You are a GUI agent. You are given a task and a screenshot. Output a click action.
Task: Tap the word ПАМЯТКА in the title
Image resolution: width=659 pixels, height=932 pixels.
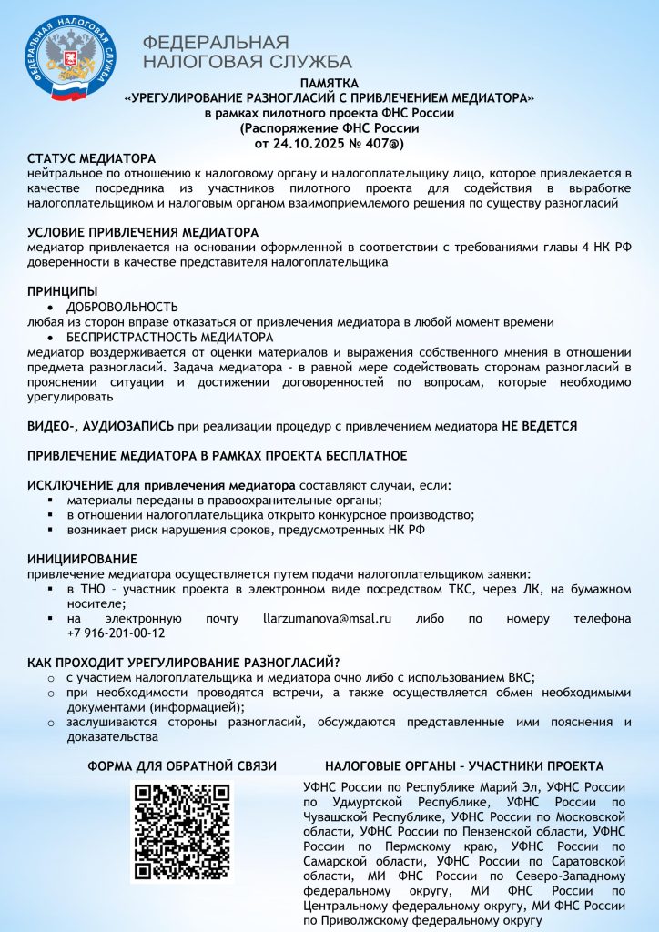tap(329, 83)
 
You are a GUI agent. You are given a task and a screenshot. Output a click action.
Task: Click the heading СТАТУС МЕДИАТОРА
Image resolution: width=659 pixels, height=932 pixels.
tap(91, 159)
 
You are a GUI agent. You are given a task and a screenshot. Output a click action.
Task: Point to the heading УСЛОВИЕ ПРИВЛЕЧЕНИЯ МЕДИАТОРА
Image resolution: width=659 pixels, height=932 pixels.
tap(143, 232)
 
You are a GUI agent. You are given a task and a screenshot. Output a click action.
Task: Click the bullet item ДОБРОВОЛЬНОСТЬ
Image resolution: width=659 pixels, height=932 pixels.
tap(122, 307)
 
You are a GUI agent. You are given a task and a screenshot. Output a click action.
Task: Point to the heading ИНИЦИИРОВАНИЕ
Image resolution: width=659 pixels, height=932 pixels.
tap(82, 558)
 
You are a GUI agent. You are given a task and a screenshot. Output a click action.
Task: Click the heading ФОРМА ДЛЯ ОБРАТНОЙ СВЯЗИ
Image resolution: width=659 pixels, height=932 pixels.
tap(182, 766)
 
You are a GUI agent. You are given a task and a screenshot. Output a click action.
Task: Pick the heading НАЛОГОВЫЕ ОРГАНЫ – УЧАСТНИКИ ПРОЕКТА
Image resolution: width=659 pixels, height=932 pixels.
tap(464, 766)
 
